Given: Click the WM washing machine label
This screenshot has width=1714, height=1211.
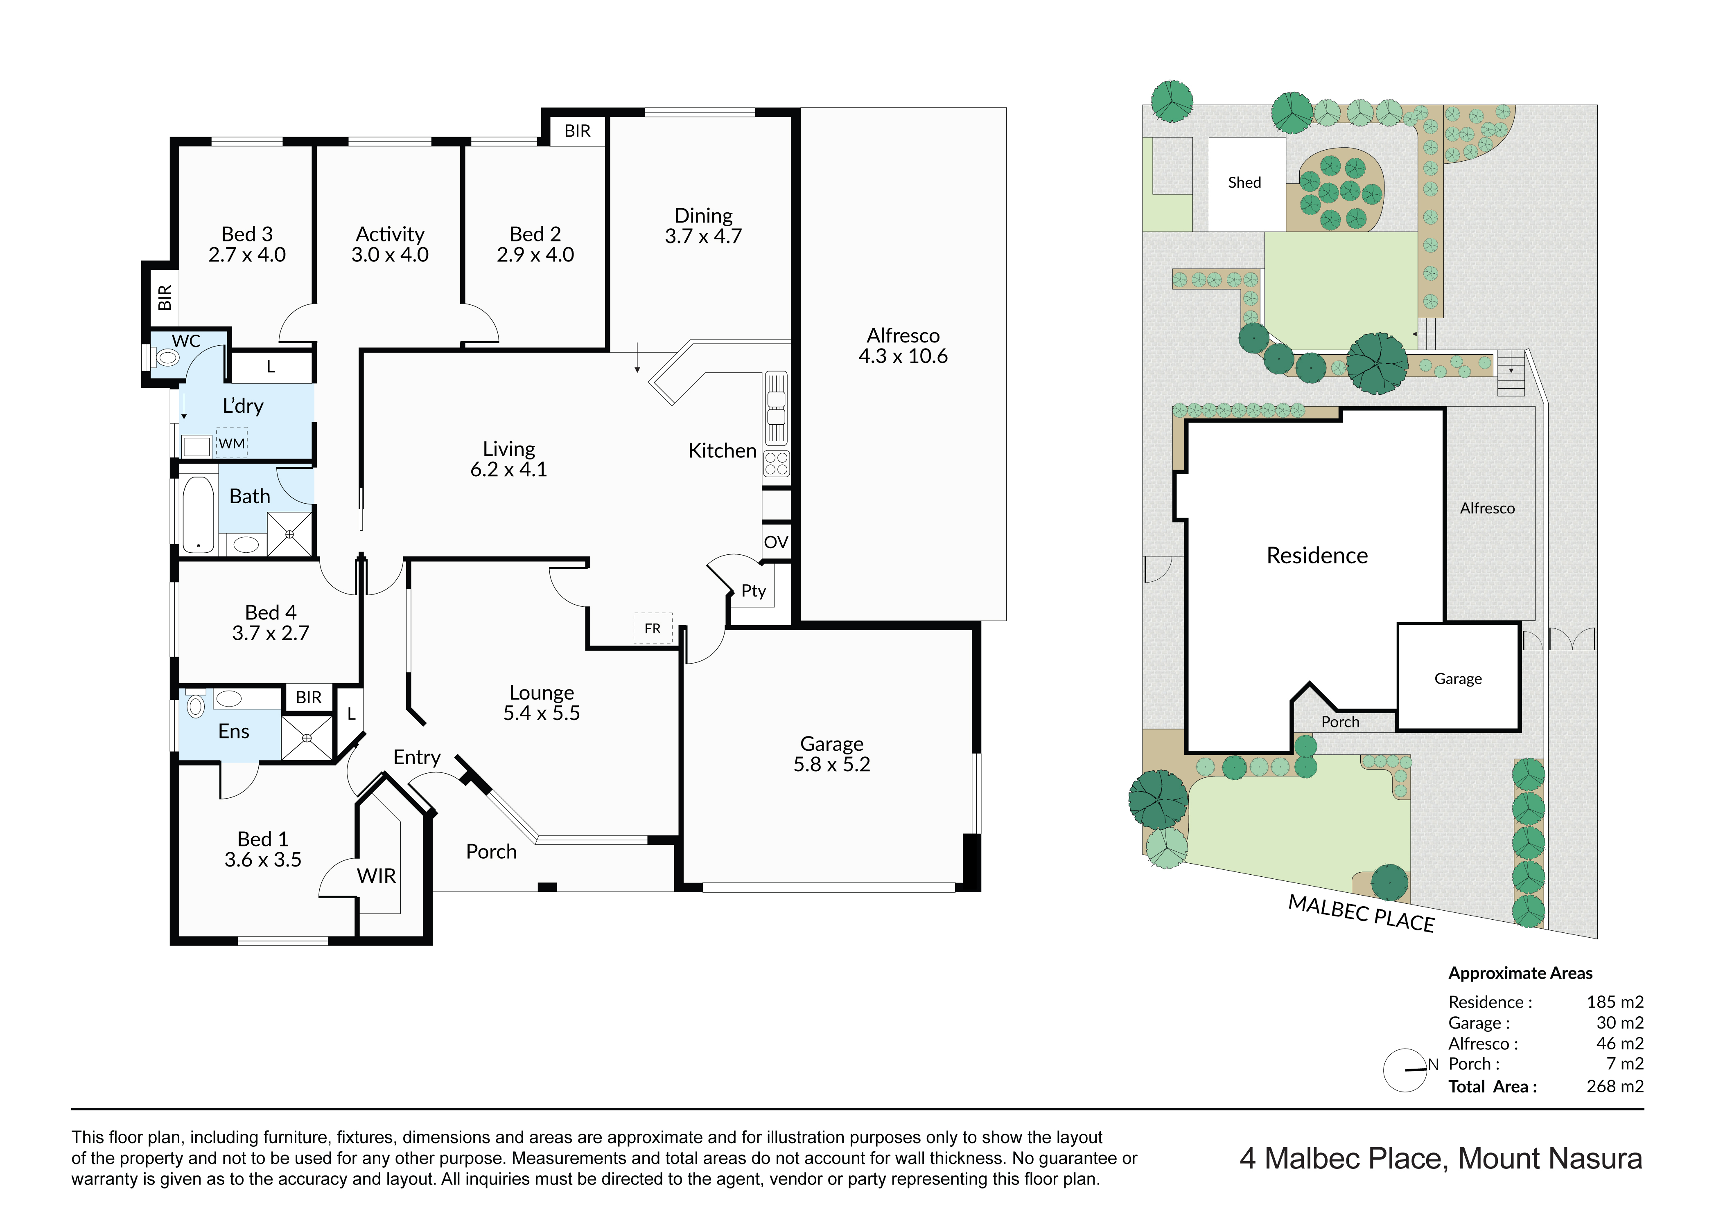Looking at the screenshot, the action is (x=231, y=443).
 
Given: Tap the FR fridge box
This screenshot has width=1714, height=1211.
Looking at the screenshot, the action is (x=653, y=628).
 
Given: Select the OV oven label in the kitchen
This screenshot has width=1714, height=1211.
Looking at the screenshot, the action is (x=776, y=542).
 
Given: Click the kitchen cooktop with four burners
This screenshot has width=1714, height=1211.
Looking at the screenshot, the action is (x=776, y=464).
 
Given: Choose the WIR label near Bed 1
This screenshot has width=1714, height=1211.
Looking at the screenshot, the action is (x=376, y=876).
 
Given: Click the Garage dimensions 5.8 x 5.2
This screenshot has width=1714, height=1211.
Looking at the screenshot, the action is (x=831, y=765).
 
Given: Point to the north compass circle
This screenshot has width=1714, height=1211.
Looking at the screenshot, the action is (x=1405, y=1071).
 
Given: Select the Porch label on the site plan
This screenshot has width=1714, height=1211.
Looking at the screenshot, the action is (x=1340, y=722).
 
